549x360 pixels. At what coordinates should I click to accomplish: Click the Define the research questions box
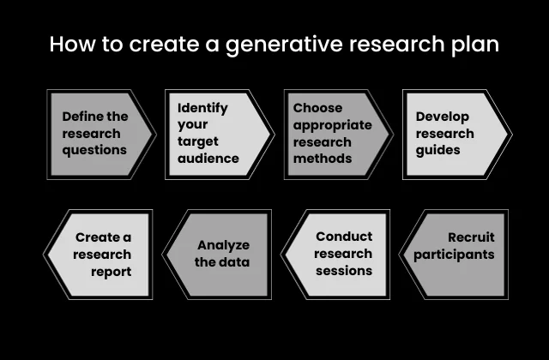[98, 134]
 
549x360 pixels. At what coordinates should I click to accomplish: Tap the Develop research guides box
[453, 134]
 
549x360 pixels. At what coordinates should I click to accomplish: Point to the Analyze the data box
[220, 254]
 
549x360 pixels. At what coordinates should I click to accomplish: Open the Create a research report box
[101, 254]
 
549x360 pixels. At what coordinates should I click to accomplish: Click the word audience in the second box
[208, 159]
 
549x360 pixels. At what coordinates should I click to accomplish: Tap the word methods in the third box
[323, 159]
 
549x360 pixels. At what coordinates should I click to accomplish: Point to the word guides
[438, 150]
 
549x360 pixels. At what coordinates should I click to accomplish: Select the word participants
[454, 255]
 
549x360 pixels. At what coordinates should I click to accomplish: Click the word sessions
[344, 271]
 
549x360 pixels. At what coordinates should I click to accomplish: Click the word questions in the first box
[94, 150]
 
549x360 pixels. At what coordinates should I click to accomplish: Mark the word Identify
[204, 108]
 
